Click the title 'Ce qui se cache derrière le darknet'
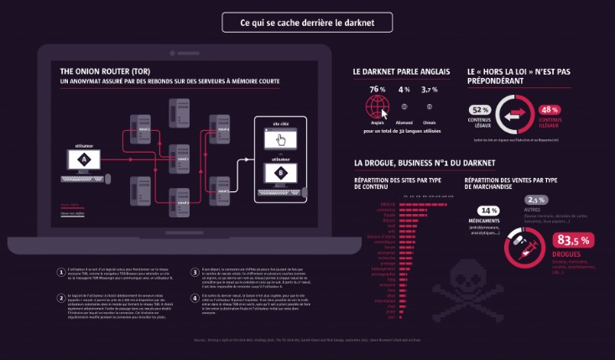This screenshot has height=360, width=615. click(x=306, y=23)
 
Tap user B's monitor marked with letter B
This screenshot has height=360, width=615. click(x=280, y=173)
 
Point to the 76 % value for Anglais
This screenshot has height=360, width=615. click(x=377, y=90)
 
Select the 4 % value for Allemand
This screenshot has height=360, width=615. click(x=404, y=90)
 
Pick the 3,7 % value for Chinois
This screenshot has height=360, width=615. click(x=430, y=90)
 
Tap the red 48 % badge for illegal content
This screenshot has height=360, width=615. click(x=550, y=110)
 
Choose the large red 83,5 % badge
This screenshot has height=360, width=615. click(x=574, y=241)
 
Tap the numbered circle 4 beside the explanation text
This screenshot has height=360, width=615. click(x=194, y=297)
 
